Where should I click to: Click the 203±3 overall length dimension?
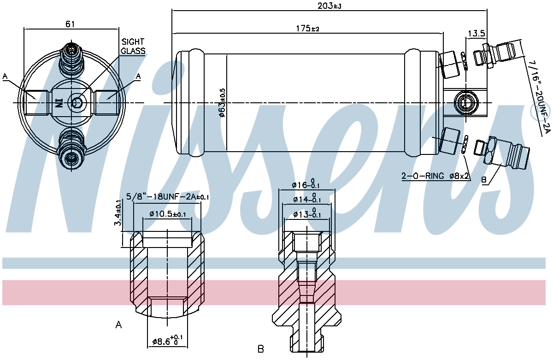click(329, 6)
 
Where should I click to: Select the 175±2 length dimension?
click(308, 29)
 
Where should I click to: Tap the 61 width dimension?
click(70, 24)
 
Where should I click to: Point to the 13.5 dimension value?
click(477, 33)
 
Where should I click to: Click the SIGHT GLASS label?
click(133, 46)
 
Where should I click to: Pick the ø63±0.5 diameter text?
click(222, 103)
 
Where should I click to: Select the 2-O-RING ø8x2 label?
click(435, 176)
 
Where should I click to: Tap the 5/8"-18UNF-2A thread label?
click(168, 197)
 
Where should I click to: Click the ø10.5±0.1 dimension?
click(168, 214)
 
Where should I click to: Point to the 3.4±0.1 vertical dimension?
click(118, 212)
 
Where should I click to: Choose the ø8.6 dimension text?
click(168, 341)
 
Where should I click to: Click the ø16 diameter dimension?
click(306, 184)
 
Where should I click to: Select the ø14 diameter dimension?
click(307, 199)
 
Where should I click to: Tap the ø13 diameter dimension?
click(307, 214)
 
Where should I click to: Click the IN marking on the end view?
click(59, 103)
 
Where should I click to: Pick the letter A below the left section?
click(118, 325)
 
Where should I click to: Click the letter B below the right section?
click(261, 348)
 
